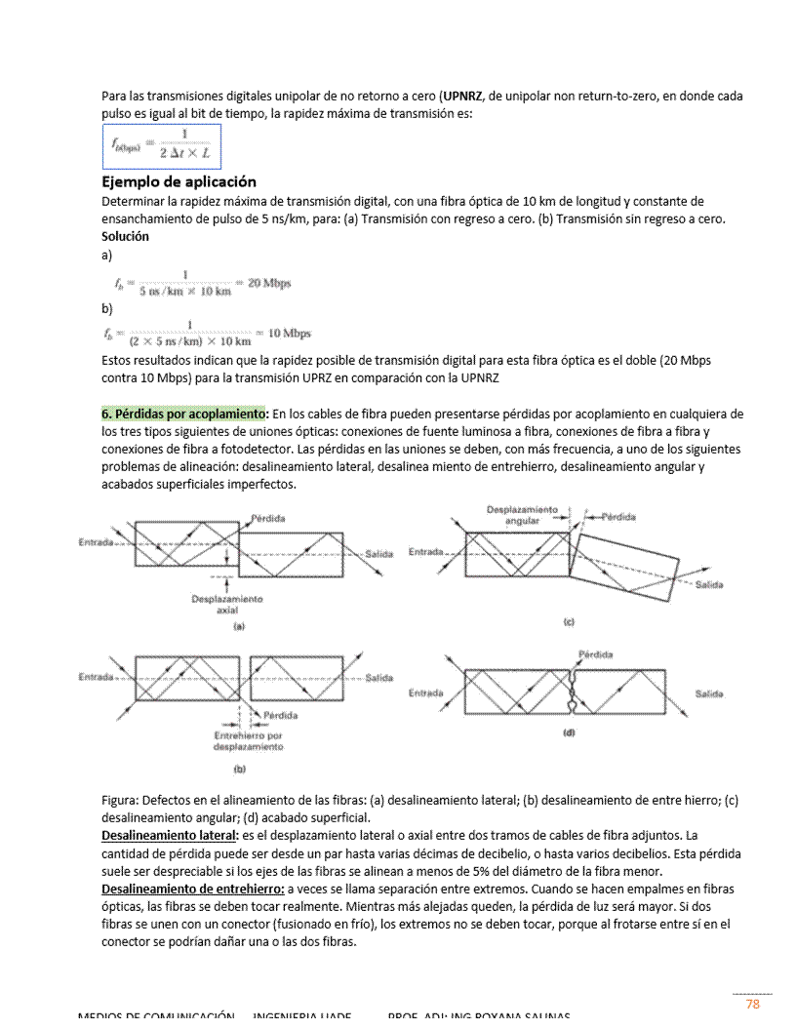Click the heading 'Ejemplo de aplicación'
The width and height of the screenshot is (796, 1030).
tap(179, 181)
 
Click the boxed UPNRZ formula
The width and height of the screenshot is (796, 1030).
tap(162, 145)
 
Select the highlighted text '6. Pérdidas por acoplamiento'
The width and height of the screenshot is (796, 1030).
tap(184, 415)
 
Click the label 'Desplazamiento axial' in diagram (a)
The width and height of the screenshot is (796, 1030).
tap(226, 604)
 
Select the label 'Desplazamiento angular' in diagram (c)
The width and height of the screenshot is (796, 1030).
tap(522, 515)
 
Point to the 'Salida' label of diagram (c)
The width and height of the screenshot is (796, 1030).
tap(709, 584)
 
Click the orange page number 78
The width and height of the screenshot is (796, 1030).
tap(752, 1004)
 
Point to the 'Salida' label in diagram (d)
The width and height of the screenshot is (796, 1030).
tap(709, 693)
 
